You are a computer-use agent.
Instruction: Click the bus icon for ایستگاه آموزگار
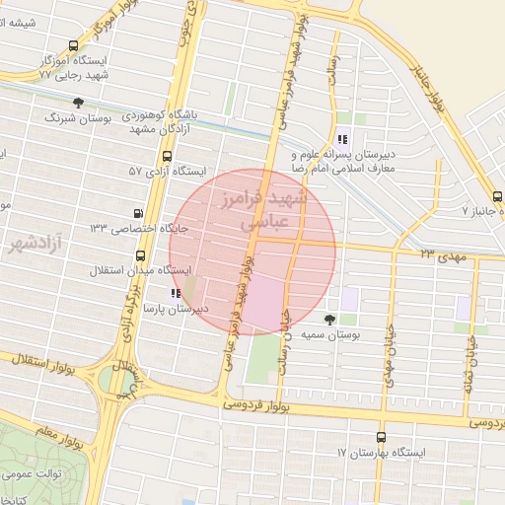73,45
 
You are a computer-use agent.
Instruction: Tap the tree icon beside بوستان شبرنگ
78,103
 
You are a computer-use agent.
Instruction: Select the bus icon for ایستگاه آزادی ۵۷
166,156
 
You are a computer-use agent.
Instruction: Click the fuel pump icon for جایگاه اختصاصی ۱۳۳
137,213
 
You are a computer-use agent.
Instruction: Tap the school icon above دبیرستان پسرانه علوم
342,139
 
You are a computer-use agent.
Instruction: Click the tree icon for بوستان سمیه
329,320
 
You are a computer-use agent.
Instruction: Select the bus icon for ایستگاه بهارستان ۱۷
382,438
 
